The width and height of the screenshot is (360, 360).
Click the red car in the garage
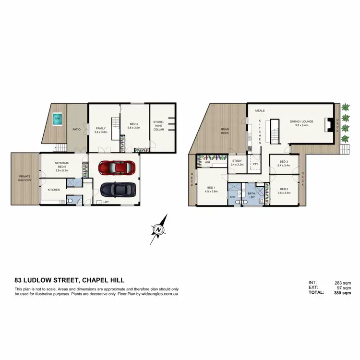pos(115,168)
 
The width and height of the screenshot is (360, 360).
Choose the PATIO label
pos(76,129)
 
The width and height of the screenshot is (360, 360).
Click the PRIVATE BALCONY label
pos(24,178)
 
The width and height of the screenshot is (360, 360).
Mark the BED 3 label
pos(283,163)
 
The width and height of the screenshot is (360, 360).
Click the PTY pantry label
pos(255,164)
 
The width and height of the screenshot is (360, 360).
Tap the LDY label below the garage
pos(106,202)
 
